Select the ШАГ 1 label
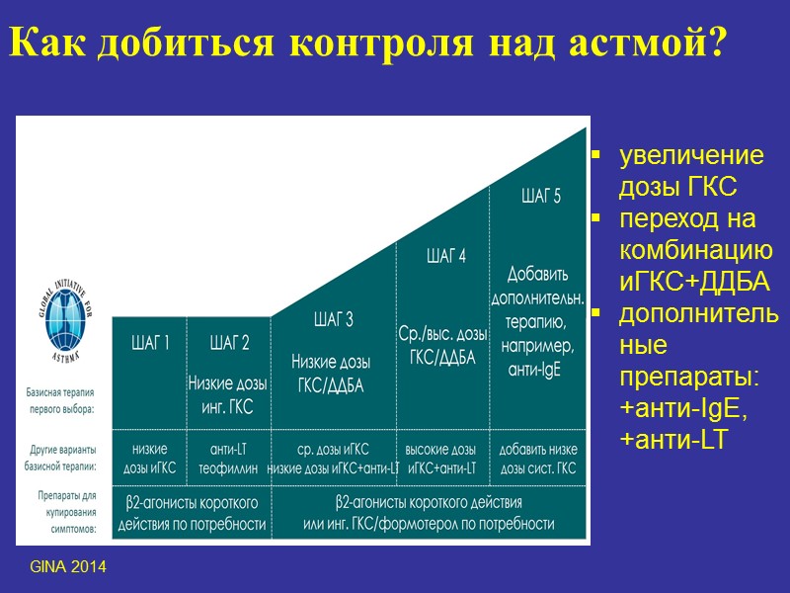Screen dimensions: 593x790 coord(150,343)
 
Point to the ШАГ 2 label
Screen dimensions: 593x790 coord(229,343)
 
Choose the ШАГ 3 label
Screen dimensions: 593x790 coord(333,318)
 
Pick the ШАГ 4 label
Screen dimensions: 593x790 coord(445,257)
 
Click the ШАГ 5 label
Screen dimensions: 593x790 coord(540,196)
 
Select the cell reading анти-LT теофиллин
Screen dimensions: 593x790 coord(229,458)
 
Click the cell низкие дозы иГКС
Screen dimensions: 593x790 coord(150,458)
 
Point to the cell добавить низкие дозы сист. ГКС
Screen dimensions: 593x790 coord(539,458)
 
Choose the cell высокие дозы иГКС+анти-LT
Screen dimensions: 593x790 coord(441,458)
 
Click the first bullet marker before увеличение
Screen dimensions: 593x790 coord(595,155)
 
